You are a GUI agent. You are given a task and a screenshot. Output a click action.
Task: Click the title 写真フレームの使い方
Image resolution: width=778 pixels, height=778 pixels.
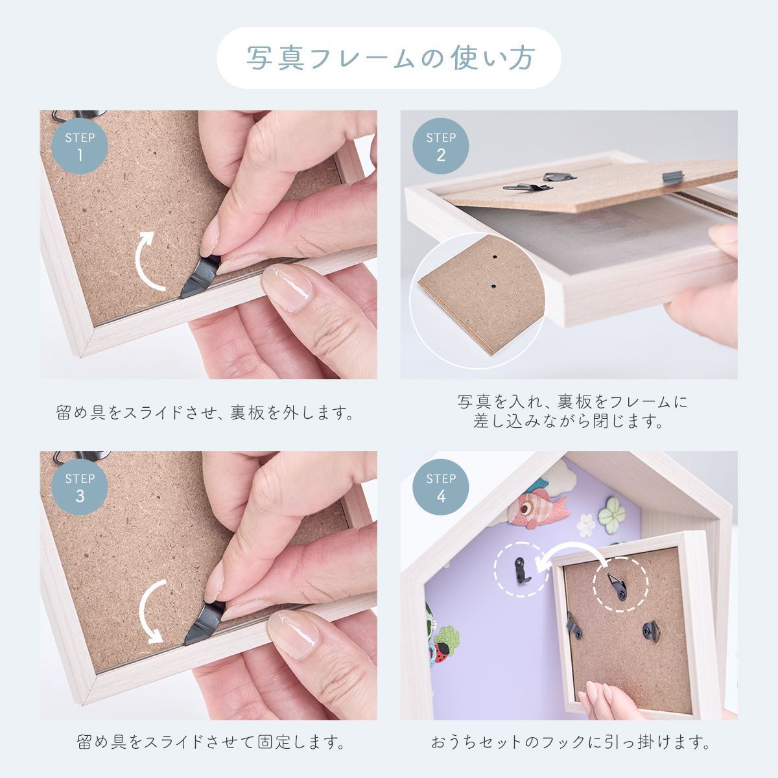pyautogui.click(x=390, y=58)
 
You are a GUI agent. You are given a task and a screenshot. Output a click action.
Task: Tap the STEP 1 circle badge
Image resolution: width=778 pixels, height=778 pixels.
pyautogui.click(x=80, y=146)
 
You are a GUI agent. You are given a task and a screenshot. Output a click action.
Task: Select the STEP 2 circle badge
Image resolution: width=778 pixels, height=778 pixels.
pyautogui.click(x=441, y=146)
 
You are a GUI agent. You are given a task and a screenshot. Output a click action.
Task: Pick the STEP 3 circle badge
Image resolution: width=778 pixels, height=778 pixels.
pyautogui.click(x=80, y=487)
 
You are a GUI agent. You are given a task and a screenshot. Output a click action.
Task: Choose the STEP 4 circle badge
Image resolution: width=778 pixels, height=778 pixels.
pyautogui.click(x=441, y=487)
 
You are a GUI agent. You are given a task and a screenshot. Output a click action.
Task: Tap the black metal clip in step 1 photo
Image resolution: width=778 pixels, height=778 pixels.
pyautogui.click(x=200, y=276)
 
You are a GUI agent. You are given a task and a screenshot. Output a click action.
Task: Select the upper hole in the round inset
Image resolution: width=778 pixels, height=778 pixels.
pyautogui.click(x=495, y=256)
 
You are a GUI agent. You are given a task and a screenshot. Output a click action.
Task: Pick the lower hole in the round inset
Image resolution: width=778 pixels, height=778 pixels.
pyautogui.click(x=493, y=287)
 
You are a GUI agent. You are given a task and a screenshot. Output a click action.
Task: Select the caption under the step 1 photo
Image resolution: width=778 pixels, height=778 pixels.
pyautogui.click(x=205, y=412)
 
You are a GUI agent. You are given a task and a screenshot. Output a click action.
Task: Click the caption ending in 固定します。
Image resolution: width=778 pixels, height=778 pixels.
pyautogui.click(x=211, y=742)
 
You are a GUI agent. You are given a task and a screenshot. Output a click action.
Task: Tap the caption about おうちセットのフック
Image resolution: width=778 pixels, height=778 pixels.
pyautogui.click(x=570, y=742)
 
